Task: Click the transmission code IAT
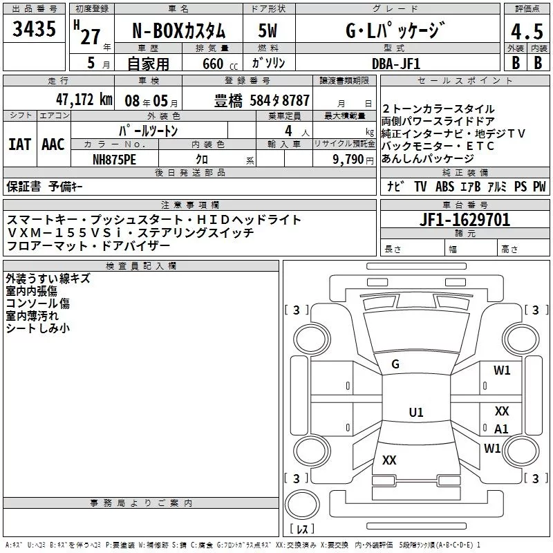tap(19, 144)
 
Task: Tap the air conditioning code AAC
tap(53, 144)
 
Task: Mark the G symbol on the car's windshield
tap(395, 364)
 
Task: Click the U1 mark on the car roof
tap(416, 413)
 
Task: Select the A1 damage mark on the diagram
tap(501, 429)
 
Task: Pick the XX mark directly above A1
tap(502, 411)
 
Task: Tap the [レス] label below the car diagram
tap(302, 529)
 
